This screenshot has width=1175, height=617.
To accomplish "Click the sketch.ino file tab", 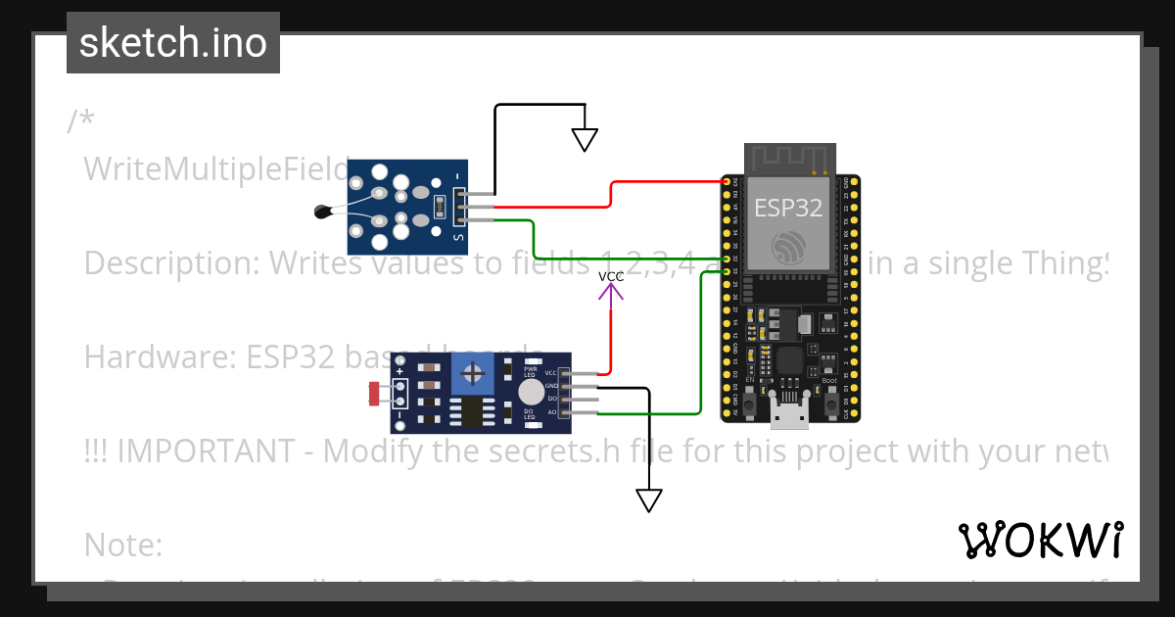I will click(172, 43).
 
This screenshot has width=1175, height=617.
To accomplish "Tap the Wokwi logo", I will click(1039, 540).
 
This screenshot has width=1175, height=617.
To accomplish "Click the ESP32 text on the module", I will click(788, 208).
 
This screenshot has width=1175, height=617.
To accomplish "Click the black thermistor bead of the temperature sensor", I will click(322, 210).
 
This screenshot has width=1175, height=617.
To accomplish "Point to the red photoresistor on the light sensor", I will click(374, 394).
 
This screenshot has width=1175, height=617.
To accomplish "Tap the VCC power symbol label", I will click(611, 277).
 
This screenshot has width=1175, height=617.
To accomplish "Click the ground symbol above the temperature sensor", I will click(585, 140).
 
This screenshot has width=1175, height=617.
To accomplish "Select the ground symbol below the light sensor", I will click(648, 500).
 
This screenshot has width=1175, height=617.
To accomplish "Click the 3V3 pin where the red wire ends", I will click(727, 182).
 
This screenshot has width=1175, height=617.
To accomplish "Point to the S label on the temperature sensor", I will click(456, 236).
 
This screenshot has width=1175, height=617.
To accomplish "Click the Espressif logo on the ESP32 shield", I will click(788, 248).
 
